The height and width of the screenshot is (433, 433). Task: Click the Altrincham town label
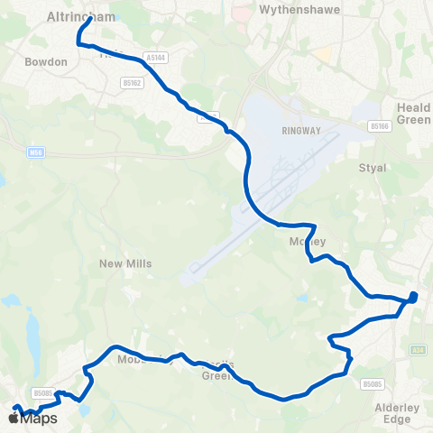[79, 15]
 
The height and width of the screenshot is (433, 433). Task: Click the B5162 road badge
[132, 83]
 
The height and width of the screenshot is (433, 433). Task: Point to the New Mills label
[125, 263]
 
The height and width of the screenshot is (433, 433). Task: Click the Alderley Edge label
[398, 413]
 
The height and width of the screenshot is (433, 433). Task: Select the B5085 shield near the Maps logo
[42, 392]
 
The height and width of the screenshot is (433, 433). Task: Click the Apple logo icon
[14, 418]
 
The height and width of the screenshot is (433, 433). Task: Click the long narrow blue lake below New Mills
[34, 335]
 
